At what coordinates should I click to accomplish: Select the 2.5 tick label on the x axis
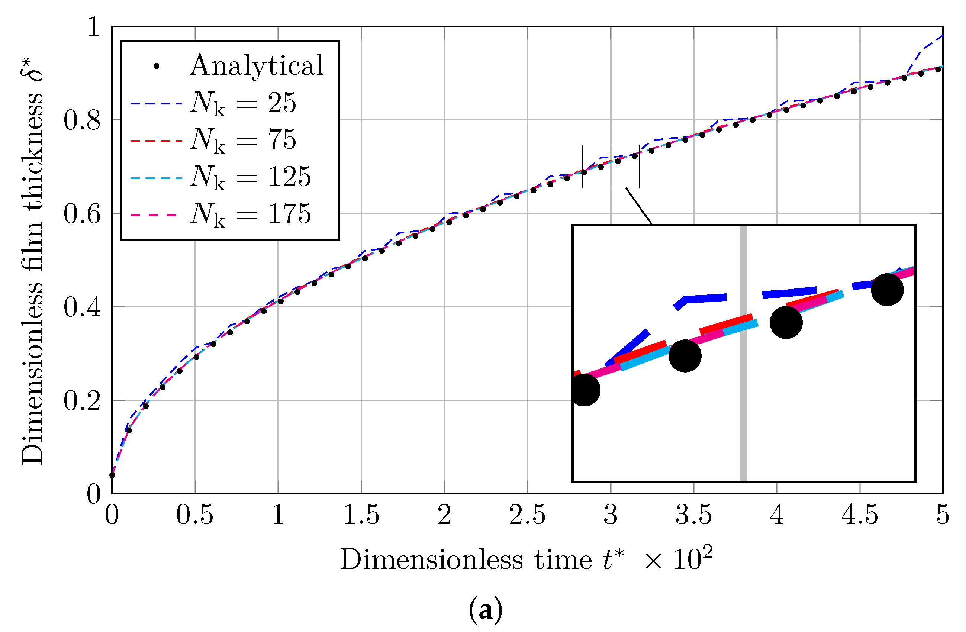click(527, 516)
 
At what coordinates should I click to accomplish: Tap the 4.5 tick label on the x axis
click(860, 516)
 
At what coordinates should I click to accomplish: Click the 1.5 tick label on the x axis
click(361, 516)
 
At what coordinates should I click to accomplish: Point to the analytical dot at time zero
click(112, 475)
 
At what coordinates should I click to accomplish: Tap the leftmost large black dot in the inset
click(584, 390)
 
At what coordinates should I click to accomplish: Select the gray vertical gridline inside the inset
click(743, 406)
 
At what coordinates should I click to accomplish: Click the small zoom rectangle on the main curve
click(611, 167)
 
